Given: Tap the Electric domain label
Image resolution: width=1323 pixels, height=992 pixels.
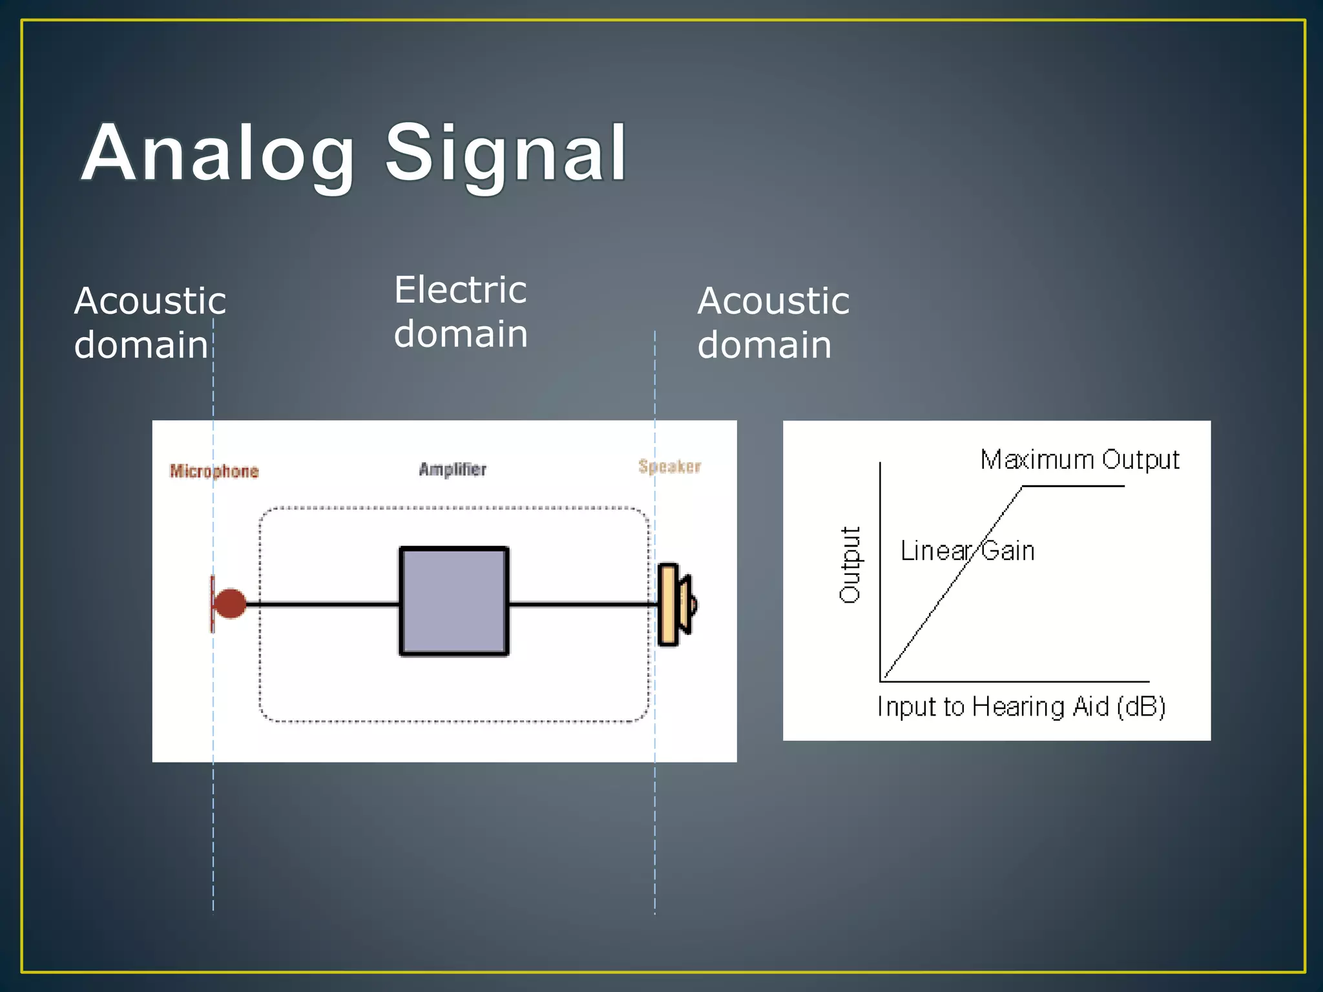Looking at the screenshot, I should click(461, 311).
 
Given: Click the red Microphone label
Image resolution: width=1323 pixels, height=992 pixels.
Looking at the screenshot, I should click(214, 471).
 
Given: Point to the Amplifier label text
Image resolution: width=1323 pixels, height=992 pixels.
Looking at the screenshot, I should click(452, 469).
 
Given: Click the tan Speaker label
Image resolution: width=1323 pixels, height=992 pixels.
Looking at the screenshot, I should click(669, 466).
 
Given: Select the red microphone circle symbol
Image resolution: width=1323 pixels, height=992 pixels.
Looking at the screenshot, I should click(230, 604).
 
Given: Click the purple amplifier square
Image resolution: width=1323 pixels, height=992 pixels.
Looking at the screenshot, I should click(453, 601).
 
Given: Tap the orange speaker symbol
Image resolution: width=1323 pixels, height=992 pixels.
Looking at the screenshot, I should click(670, 604).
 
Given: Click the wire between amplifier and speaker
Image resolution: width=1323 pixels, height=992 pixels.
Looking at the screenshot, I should click(581, 604).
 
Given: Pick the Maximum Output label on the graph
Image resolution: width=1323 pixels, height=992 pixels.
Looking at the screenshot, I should click(1079, 460).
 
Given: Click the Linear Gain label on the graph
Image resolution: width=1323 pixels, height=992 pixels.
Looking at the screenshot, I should click(967, 551).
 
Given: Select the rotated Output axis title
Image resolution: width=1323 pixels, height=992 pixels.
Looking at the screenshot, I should click(850, 564).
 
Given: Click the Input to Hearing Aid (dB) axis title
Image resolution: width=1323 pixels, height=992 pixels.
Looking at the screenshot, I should click(1021, 707).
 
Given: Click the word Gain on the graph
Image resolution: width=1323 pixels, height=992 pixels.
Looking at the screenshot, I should click(1008, 551).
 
